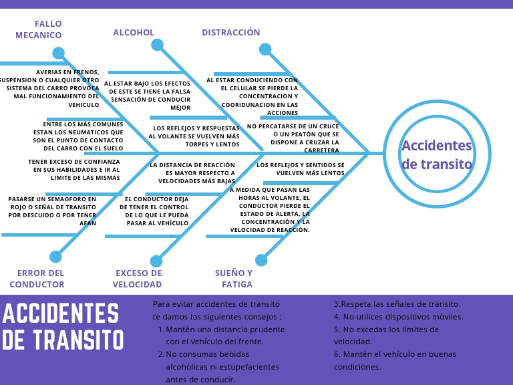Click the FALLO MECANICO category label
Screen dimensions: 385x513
[x=39, y=29]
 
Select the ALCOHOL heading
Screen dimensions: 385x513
[x=134, y=33]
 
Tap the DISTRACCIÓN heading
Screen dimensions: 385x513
[x=231, y=33]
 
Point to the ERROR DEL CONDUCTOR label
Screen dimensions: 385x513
[x=41, y=278]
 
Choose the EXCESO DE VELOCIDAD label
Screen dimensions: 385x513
[x=138, y=278]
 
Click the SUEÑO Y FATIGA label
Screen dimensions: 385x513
[x=234, y=278]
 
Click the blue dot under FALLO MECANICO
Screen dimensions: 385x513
[x=59, y=53]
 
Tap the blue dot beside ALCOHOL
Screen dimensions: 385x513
[x=157, y=45]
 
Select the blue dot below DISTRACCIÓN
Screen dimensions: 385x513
[x=265, y=49]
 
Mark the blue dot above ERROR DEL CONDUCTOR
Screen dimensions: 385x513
[x=55, y=256]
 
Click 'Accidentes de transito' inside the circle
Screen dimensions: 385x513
[x=436, y=155]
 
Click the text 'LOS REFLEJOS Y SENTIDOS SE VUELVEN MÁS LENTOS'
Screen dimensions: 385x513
[x=301, y=168]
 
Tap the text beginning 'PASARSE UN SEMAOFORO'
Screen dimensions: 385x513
[x=52, y=211]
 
